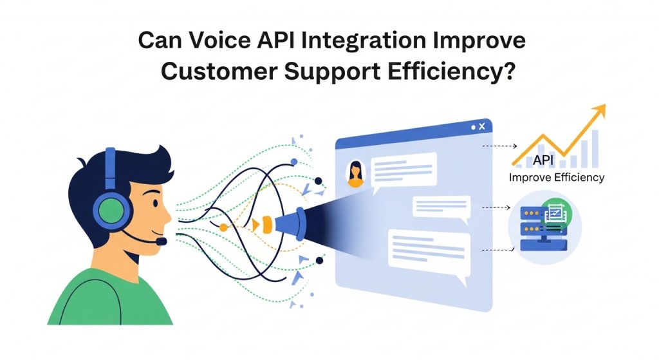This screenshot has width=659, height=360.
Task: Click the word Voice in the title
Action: (212, 42)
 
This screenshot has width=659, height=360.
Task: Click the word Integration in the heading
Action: (363, 42)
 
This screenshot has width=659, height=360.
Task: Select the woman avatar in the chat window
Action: (355, 173)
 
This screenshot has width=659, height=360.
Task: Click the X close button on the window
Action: (482, 128)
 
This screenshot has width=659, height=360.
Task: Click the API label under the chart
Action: (544, 161)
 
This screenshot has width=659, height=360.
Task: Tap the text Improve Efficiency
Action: (557, 177)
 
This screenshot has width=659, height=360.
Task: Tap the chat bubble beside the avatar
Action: (405, 170)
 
